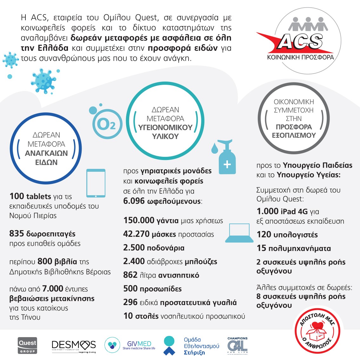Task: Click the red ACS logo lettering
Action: (300, 42)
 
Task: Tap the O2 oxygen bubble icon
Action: (106, 124)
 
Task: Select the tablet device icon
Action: (96, 183)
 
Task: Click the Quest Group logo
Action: (27, 345)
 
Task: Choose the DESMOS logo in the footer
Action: (74, 345)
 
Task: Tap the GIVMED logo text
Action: (139, 344)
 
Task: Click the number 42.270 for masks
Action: (136, 234)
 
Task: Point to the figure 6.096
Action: (134, 201)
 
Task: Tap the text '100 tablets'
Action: (30, 196)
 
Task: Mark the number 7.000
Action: (53, 289)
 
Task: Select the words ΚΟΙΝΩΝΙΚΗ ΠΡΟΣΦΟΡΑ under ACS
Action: (300, 57)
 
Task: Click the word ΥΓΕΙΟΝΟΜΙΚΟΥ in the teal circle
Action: (165, 128)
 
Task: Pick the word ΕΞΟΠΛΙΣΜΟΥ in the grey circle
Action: (294, 135)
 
